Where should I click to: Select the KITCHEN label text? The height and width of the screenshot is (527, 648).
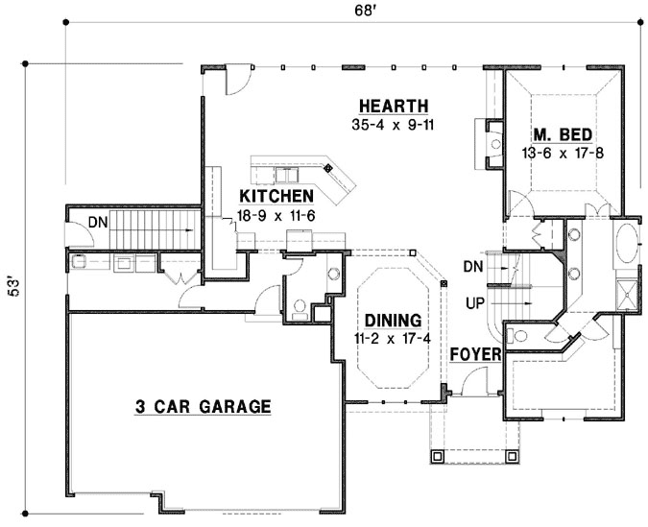[276, 196]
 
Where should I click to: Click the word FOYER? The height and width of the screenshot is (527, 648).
[476, 355]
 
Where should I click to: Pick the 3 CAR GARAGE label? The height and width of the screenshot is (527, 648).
[202, 406]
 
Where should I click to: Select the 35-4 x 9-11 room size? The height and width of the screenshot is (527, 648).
[392, 124]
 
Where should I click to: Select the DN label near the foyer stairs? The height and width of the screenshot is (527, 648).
[472, 264]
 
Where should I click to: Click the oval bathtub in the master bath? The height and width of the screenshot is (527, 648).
[630, 241]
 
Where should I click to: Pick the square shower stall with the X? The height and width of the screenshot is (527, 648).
[630, 293]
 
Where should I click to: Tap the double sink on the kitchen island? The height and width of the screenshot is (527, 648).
[287, 176]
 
